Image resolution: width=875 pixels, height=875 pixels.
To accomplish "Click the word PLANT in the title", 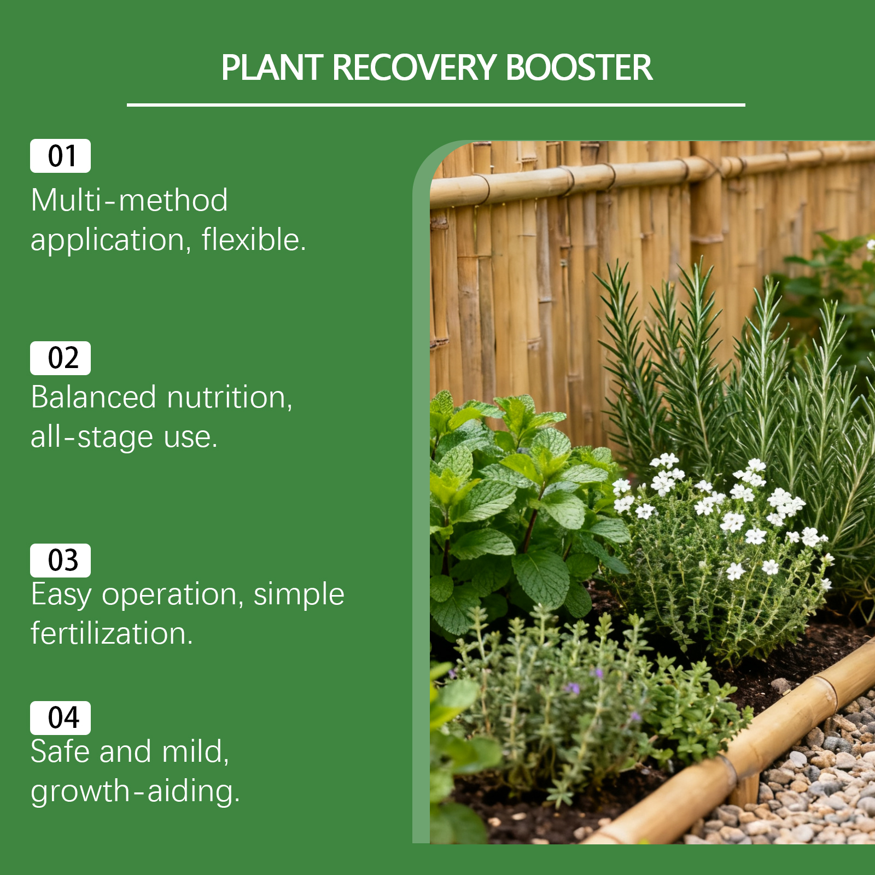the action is click(272, 68).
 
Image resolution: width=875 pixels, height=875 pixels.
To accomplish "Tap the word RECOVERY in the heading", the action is click(414, 68).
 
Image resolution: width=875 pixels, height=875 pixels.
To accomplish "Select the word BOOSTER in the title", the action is click(579, 68).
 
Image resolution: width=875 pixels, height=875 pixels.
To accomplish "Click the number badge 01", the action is click(60, 156).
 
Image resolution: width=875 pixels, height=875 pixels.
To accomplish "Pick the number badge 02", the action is click(60, 358).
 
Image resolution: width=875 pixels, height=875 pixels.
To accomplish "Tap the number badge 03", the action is click(60, 561).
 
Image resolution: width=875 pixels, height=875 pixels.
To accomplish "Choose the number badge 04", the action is click(60, 718).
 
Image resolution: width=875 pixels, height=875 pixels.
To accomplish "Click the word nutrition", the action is click(230, 398).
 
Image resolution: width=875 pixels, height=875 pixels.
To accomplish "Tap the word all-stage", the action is click(92, 437).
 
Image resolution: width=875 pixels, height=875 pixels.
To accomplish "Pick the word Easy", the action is click(61, 595).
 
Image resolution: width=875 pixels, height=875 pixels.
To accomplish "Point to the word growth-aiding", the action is click(135, 791).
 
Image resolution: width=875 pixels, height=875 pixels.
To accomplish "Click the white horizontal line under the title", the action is click(436, 104).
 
